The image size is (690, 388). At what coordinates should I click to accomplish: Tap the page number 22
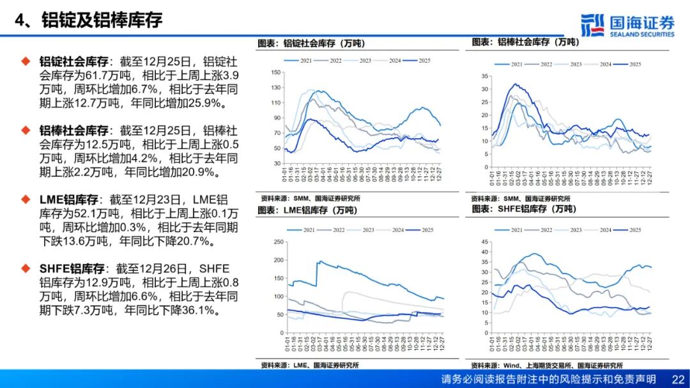678,379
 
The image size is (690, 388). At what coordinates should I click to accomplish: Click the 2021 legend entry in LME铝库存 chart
302,229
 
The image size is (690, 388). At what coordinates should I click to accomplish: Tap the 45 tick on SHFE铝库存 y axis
484,242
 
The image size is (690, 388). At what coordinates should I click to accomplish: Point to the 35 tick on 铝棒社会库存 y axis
484,75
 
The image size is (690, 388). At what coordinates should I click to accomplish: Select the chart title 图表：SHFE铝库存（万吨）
523,209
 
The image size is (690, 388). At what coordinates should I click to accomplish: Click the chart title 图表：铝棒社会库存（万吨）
525,42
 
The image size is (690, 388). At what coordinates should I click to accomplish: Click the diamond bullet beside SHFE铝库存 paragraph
26,268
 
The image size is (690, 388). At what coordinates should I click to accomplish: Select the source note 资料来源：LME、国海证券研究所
310,366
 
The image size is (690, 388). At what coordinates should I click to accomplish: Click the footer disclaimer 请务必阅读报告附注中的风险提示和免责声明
548,379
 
